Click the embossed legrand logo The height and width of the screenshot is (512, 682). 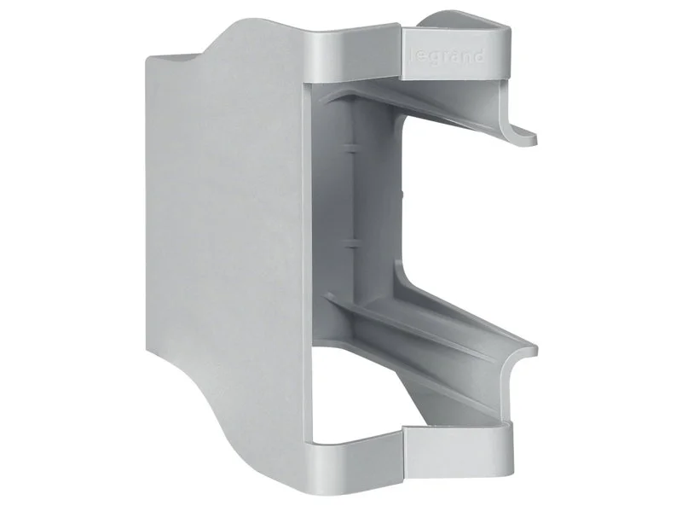coord(447,56)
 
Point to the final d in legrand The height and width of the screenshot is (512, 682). coord(478,55)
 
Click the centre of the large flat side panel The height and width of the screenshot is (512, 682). coord(226,244)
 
